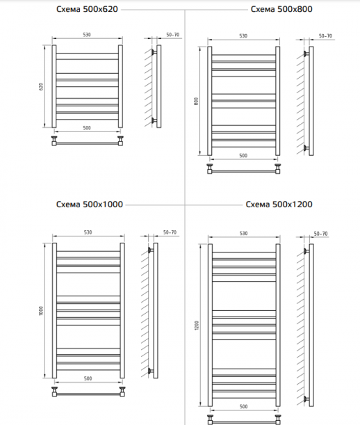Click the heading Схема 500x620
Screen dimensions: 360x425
coord(87,9)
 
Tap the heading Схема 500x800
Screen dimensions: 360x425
coord(281,9)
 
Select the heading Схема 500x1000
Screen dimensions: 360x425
coord(90,204)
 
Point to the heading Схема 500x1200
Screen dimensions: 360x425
coord(279,204)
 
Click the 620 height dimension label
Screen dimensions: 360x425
coord(41,87)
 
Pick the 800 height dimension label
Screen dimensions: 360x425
coord(196,101)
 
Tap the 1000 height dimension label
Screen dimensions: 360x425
coord(41,311)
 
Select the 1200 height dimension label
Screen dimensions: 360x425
coord(197,326)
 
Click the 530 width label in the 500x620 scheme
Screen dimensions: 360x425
coord(87,35)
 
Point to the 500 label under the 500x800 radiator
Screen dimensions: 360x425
coord(243,156)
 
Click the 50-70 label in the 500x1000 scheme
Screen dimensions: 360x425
coord(170,232)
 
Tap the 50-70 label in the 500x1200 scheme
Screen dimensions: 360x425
coord(320,234)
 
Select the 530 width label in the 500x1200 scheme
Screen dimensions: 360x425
coord(243,234)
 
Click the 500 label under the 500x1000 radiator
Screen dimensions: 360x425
coord(88,378)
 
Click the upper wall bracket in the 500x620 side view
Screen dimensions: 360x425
coord(154,52)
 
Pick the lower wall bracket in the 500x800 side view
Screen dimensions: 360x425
coord(306,148)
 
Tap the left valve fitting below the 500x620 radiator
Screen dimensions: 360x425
coord(54,141)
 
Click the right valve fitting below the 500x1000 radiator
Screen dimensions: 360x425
coord(122,392)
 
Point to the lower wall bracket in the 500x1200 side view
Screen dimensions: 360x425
coord(306,399)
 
